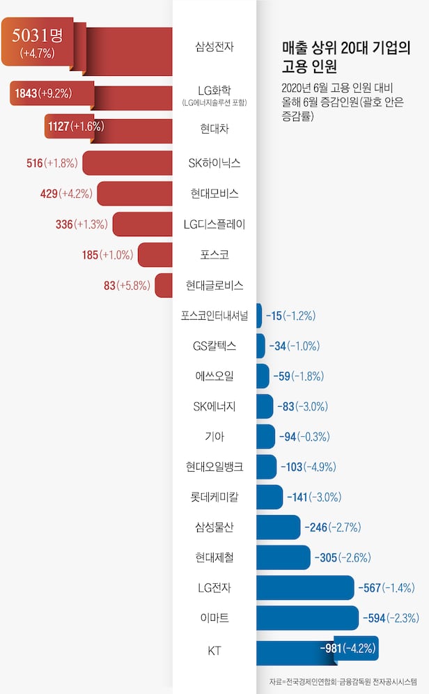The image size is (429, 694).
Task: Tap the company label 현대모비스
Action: pyautogui.click(x=214, y=193)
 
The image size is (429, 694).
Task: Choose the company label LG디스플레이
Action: pyautogui.click(x=214, y=224)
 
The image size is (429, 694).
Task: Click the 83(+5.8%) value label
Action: pyautogui.click(x=127, y=285)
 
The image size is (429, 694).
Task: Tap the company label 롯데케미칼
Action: pyautogui.click(x=214, y=498)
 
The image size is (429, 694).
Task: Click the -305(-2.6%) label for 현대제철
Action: pyautogui.click(x=343, y=557)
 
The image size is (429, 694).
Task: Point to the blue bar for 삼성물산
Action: pyautogui.click(x=279, y=527)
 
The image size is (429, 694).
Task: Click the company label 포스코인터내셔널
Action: pyautogui.click(x=214, y=315)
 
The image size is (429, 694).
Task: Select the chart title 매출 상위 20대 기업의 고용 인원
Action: pyautogui.click(x=346, y=57)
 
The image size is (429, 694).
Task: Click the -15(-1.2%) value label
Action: pyautogui.click(x=290, y=316)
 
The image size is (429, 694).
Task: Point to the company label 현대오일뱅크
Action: pyautogui.click(x=214, y=467)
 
